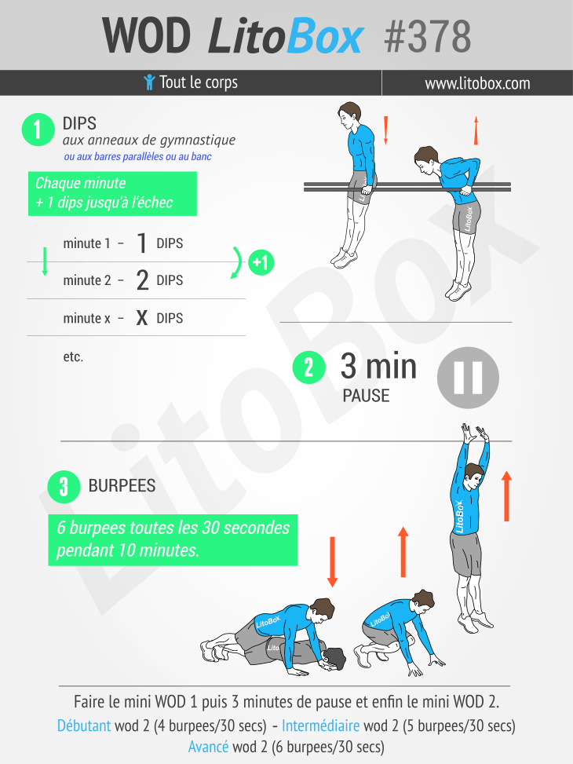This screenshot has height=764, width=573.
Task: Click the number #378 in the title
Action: coord(427,36)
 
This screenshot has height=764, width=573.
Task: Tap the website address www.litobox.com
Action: coord(477,83)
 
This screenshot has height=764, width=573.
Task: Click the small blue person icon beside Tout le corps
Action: coord(149,82)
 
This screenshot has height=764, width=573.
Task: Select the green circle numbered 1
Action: coord(38,130)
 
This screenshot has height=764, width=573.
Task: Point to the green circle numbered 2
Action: coord(309,367)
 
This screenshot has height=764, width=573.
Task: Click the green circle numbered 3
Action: coord(64,487)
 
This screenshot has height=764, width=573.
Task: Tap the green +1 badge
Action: coord(261,262)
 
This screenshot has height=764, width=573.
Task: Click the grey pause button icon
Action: coord(468,378)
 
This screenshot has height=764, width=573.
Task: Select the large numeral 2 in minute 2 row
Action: coord(142,280)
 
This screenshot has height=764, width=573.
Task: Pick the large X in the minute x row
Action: coord(142,318)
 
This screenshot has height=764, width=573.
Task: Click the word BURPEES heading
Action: coord(122,486)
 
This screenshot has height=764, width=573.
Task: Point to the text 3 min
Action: coord(378,366)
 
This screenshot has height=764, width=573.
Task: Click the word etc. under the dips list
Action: coord(73,356)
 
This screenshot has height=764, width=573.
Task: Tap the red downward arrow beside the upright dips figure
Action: coord(386,130)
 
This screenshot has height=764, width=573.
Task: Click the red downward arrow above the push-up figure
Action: coord(333,561)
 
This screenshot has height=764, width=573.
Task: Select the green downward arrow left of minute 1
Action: coord(45,261)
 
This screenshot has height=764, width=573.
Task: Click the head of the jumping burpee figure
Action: coord(473,476)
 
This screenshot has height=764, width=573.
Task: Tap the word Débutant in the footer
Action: coord(84,726)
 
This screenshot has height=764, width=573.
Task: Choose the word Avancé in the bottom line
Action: coord(208,747)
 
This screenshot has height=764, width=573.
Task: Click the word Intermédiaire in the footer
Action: coord(320,726)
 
